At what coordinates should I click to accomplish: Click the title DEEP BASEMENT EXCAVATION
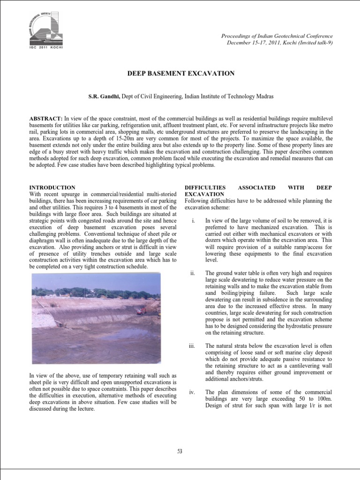pos(181,74)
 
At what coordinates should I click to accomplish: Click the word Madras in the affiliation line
pos(263,96)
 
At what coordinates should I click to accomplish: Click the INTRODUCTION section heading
pos(52,187)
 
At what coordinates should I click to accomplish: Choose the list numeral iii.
pos(192,346)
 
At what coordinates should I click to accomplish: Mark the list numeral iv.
pos(192,392)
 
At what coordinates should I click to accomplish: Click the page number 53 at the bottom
pos(180,451)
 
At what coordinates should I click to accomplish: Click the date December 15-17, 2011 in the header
pos(255,43)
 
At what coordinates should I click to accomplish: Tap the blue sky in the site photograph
pos(94,281)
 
